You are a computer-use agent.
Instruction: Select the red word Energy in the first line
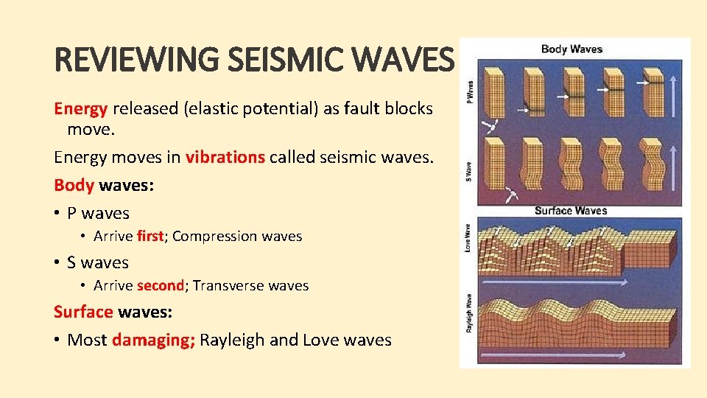[x=81, y=108]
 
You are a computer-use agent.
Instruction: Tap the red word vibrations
[x=225, y=156]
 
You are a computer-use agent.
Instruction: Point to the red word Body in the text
[x=74, y=185]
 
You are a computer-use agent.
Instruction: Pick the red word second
[x=161, y=285]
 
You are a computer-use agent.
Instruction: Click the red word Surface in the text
[x=83, y=312]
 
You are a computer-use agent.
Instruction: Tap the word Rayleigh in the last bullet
[x=233, y=340]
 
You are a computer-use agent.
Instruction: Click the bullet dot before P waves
[x=57, y=214]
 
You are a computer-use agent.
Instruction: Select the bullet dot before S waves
[x=57, y=263]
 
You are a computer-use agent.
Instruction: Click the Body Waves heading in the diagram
[x=571, y=49]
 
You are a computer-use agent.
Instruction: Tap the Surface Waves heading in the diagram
[x=571, y=211]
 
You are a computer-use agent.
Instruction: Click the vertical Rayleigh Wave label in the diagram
[x=468, y=313]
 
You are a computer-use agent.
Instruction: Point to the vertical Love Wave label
[x=468, y=239]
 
